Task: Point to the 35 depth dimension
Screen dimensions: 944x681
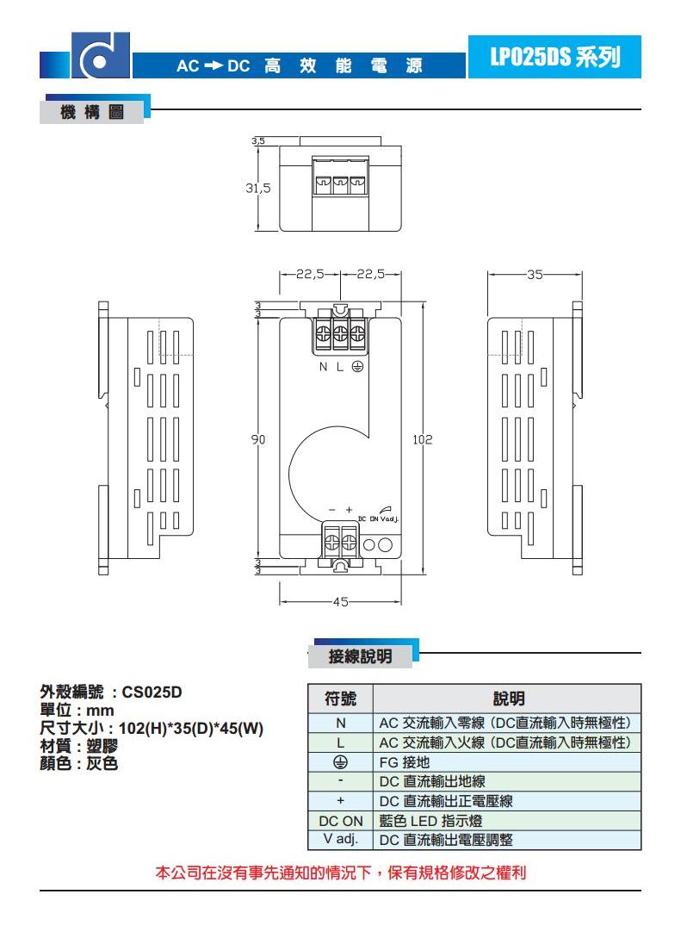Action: coord(535,275)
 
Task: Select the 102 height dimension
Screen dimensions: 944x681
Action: coord(422,439)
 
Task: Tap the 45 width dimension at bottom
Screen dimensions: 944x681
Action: coord(340,602)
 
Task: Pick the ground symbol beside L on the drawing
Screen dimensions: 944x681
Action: coord(356,367)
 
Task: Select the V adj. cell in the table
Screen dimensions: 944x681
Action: coord(340,839)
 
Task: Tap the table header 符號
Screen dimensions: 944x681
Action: coord(340,698)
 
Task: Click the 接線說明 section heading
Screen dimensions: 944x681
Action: coord(360,657)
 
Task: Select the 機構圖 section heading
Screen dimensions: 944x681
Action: coord(92,112)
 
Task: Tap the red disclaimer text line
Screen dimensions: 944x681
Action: coord(341,873)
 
